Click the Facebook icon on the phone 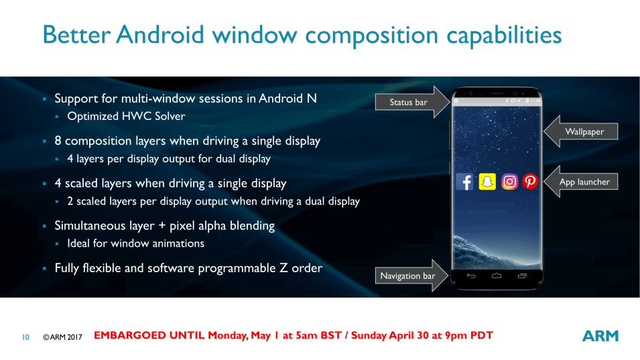pyautogui.click(x=464, y=182)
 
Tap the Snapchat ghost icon pyautogui.click(x=487, y=182)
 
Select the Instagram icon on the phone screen pyautogui.click(x=509, y=182)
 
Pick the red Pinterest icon pyautogui.click(x=530, y=182)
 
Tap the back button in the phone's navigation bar pyautogui.click(x=471, y=276)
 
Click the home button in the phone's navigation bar pyautogui.click(x=497, y=276)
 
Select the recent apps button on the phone pyautogui.click(x=522, y=276)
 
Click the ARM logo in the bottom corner pyautogui.click(x=600, y=336)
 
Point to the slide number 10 pyautogui.click(x=25, y=337)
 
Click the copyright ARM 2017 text pyautogui.click(x=62, y=337)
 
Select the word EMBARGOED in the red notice pyautogui.click(x=149, y=335)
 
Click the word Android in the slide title pyautogui.click(x=160, y=34)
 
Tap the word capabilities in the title pyautogui.click(x=504, y=36)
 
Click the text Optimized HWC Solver pyautogui.click(x=126, y=117)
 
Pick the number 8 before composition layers pyautogui.click(x=58, y=141)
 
